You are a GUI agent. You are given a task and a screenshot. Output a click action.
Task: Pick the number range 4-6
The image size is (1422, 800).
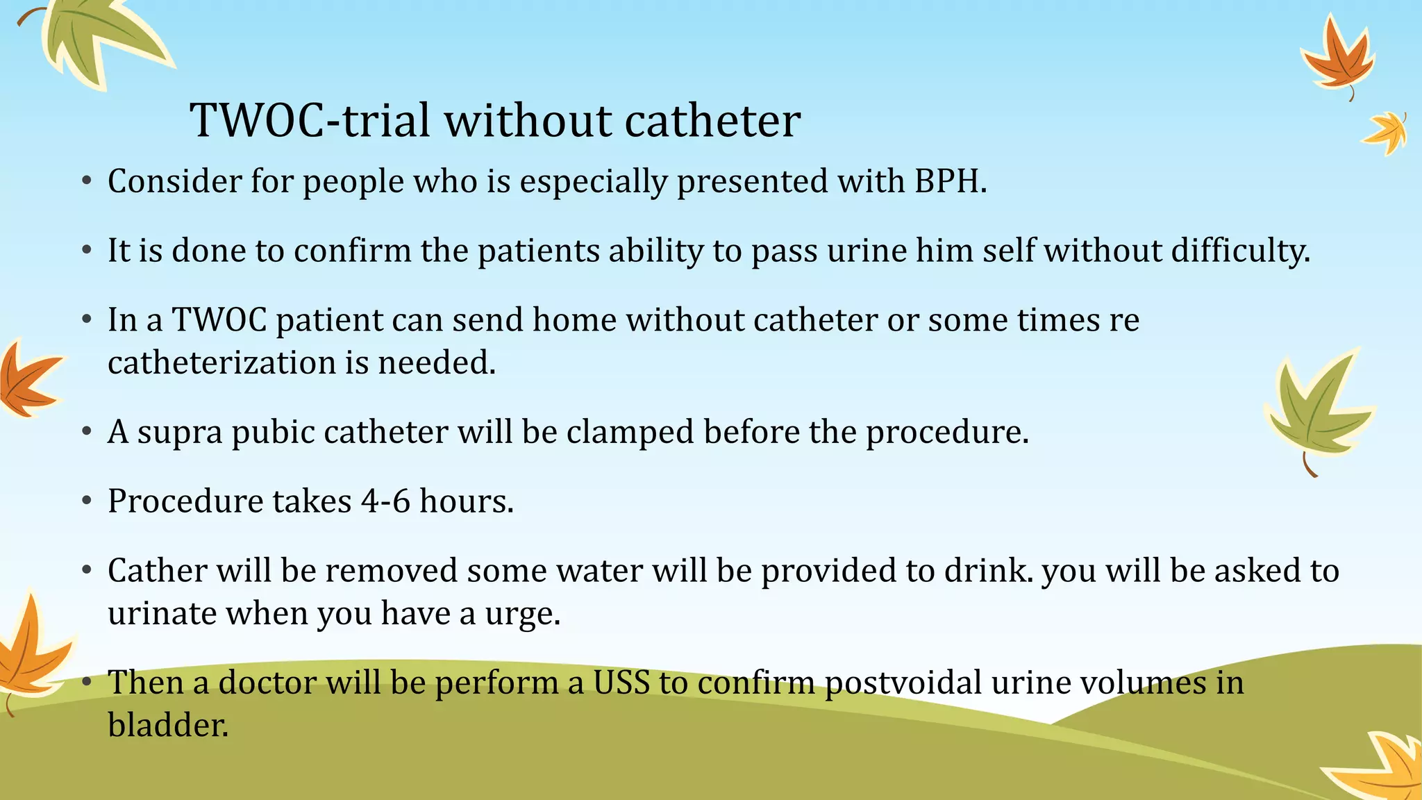pyautogui.click(x=386, y=501)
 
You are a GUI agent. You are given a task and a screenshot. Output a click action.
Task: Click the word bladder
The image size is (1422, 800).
pyautogui.click(x=167, y=725)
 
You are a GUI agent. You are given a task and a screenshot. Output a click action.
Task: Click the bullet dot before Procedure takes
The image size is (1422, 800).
pyautogui.click(x=86, y=501)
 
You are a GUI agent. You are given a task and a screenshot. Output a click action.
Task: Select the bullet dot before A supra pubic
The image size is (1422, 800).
pyautogui.click(x=86, y=432)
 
